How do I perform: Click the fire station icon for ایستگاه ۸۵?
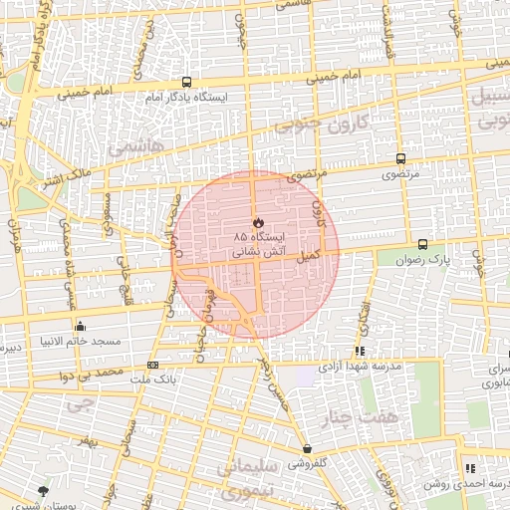click(256, 221)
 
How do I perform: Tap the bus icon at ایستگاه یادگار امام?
click(186, 83)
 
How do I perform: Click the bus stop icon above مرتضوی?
click(400, 158)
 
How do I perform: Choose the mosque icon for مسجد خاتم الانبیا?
click(80, 326)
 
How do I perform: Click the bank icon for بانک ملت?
click(152, 365)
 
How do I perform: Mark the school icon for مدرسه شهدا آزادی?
click(360, 351)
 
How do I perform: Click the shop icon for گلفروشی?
click(307, 449)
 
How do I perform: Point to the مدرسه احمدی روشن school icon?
click(469, 468)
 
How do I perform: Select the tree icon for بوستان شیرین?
click(42, 491)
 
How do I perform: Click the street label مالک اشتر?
click(66, 180)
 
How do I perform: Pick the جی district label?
click(78, 404)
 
